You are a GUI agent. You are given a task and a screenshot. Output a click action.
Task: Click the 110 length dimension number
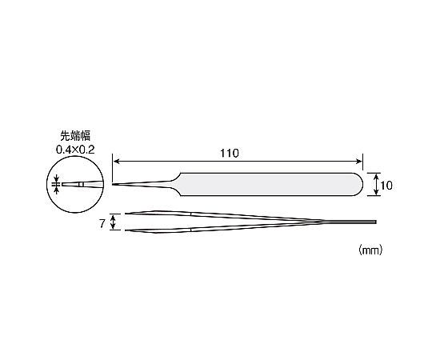point(230,153)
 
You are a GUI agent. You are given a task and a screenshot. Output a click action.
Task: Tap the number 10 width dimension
point(386,186)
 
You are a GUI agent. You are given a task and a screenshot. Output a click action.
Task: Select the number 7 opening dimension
point(102,224)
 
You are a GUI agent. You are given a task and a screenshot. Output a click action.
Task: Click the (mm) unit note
point(370,250)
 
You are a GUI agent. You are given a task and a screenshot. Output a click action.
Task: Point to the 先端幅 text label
point(75,136)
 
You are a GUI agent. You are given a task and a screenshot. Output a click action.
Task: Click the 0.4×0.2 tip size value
point(75,150)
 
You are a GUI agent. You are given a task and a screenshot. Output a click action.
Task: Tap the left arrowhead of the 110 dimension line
point(117,162)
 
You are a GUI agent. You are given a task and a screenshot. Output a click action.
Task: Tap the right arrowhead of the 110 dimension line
point(358,162)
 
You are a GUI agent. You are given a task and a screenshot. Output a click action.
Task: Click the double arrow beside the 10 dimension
point(375,185)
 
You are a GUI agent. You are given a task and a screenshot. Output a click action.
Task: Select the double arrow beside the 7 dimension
point(113,222)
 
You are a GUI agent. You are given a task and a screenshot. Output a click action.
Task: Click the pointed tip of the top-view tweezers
point(113,184)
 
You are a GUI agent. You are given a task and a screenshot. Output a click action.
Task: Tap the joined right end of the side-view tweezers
point(375,222)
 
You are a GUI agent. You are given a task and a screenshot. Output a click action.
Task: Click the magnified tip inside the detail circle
point(82,184)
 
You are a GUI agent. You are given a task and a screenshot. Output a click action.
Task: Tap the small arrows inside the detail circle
point(57,184)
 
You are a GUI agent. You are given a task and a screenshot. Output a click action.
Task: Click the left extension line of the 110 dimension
point(113,168)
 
